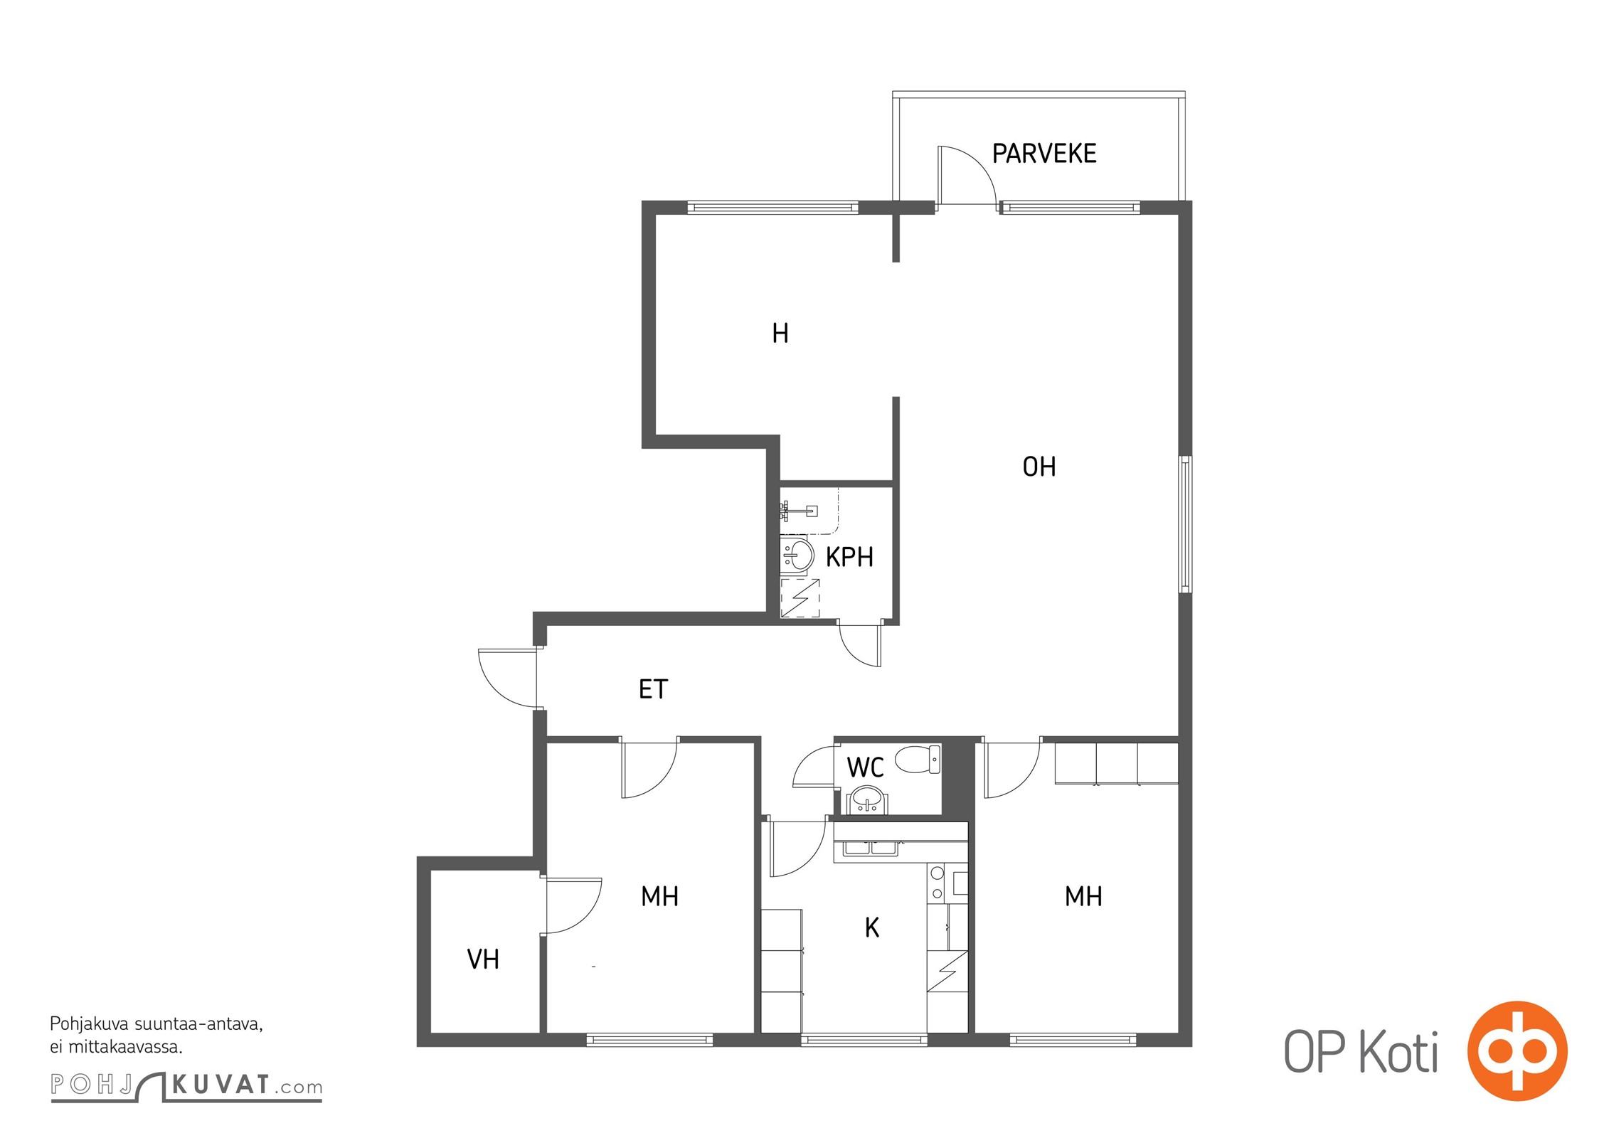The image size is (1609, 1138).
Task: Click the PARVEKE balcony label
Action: (1044, 154)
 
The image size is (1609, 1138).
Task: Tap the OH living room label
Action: (1039, 467)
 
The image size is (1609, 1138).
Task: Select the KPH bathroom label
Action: (849, 557)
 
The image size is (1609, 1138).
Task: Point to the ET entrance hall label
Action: (653, 689)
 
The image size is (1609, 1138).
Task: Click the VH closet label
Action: (483, 959)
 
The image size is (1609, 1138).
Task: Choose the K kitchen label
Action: (872, 927)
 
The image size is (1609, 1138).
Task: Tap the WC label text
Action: (865, 767)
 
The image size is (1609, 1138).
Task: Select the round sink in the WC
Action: (866, 799)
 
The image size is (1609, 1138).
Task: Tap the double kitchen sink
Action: (871, 847)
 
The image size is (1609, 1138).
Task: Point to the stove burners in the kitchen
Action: (938, 883)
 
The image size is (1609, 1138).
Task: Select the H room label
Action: (780, 333)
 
